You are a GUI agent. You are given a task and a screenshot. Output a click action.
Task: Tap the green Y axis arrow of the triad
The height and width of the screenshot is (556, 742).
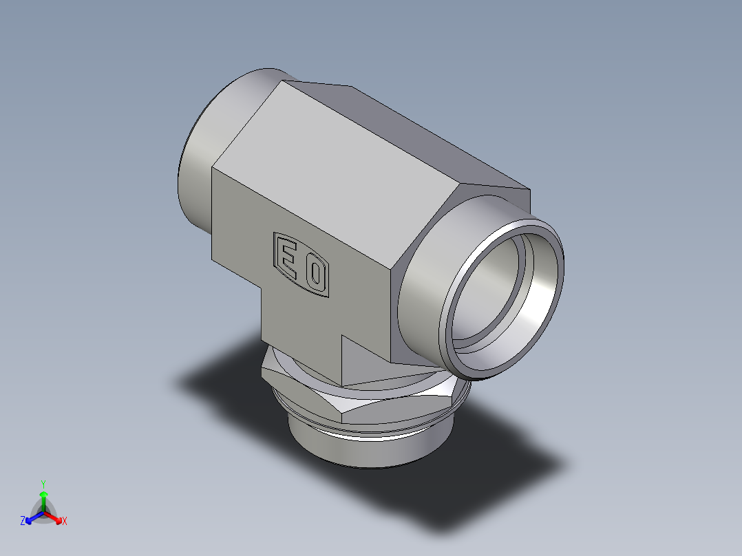pos(43,498)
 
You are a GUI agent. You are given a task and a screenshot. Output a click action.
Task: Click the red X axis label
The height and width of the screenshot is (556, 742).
pos(65,522)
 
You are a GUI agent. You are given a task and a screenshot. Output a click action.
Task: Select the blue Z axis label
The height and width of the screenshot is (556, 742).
pos(23,522)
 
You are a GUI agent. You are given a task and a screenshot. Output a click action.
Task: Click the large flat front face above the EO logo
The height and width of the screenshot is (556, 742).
pos(303,206)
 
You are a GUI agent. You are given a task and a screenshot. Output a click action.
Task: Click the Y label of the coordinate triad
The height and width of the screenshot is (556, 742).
pos(43,483)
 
